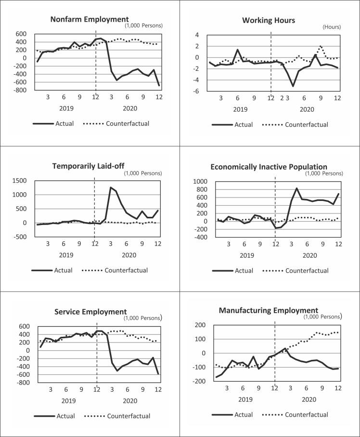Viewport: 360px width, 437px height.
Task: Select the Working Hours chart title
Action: pyautogui.click(x=268, y=20)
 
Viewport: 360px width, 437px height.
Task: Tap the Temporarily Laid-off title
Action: pyautogui.click(x=92, y=166)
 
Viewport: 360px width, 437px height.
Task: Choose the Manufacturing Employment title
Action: pyautogui.click(x=269, y=310)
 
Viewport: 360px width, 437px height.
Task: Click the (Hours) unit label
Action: pyautogui.click(x=331, y=27)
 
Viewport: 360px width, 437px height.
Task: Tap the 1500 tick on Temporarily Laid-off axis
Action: pyautogui.click(x=18, y=180)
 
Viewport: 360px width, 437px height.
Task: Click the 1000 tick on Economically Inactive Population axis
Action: pyautogui.click(x=200, y=181)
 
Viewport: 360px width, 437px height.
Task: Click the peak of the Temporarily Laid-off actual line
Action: pyautogui.click(x=111, y=187)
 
